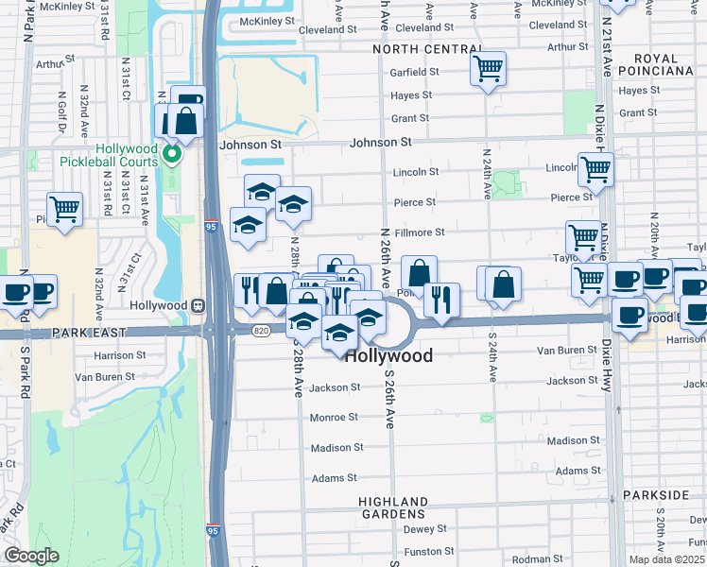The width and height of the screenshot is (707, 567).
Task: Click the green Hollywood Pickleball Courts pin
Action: click(x=172, y=154)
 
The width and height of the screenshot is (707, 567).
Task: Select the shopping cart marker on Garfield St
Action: click(x=488, y=68)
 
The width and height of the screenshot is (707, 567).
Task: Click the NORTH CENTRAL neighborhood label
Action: click(x=427, y=49)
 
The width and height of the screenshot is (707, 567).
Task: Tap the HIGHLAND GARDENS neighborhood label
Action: click(x=393, y=507)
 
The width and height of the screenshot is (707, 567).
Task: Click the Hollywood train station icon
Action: click(x=198, y=306)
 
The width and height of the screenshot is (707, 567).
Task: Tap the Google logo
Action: click(x=31, y=556)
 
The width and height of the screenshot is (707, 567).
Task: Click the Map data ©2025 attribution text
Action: click(x=666, y=559)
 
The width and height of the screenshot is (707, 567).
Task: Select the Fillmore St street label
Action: click(x=419, y=232)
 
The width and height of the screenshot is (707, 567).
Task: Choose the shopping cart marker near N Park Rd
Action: click(x=64, y=209)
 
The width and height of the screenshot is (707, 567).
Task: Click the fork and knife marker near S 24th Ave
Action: click(x=440, y=300)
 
